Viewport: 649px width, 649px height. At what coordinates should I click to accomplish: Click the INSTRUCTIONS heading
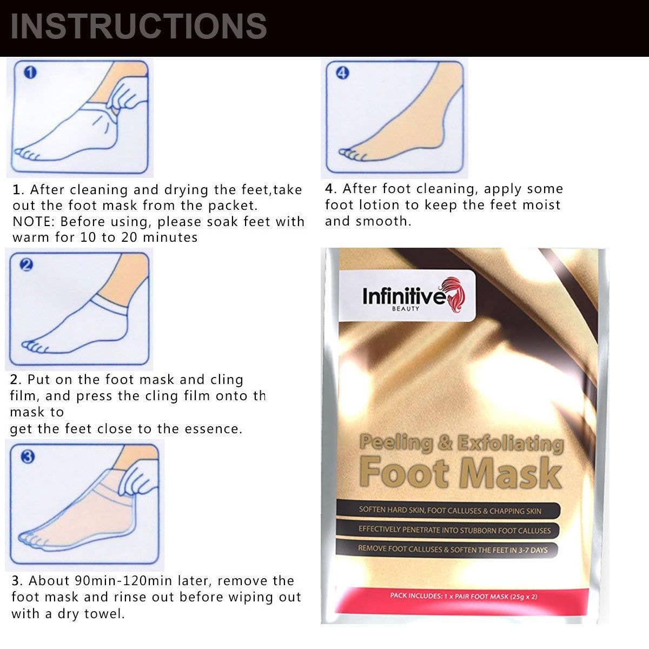[x=138, y=26]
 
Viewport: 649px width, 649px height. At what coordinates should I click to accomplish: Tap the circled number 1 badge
[x=31, y=72]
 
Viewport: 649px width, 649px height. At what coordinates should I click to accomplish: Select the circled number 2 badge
[x=27, y=264]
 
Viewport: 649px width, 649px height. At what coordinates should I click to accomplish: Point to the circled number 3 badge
[x=28, y=456]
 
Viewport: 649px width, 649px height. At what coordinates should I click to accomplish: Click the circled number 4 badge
[x=342, y=73]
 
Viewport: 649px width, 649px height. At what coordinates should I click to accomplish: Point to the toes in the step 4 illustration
[x=352, y=155]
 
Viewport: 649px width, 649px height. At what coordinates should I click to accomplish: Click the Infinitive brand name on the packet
[x=402, y=296]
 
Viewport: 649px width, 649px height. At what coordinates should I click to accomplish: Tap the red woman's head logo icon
[x=454, y=292]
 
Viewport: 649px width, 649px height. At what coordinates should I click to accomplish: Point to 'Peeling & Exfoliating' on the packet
[x=461, y=443]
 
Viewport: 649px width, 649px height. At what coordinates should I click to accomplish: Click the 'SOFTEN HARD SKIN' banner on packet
[x=449, y=510]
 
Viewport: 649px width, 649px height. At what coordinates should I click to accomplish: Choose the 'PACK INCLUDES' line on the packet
[x=463, y=596]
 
